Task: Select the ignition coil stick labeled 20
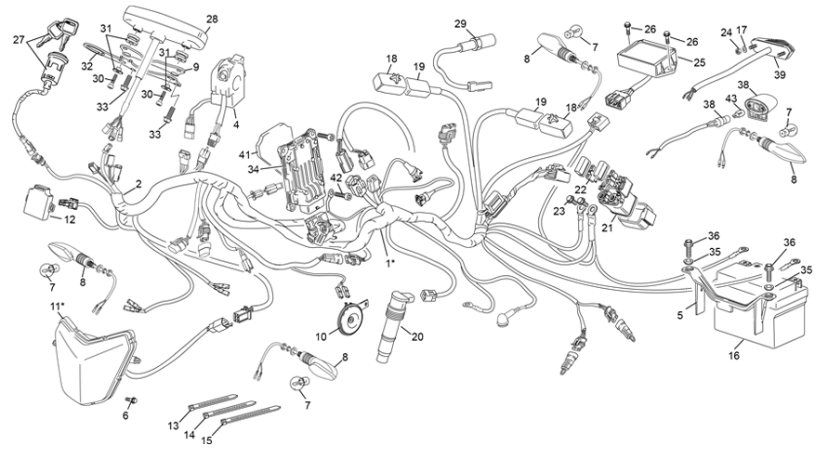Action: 390,330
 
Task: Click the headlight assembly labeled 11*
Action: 93,358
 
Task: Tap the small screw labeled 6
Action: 131,401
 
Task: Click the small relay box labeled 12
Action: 43,201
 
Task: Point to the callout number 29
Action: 460,23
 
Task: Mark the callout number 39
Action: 779,74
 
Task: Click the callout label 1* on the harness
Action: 391,264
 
